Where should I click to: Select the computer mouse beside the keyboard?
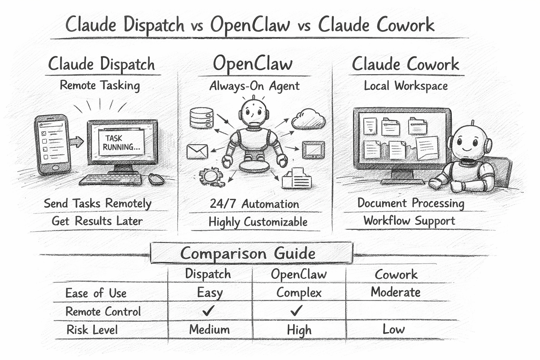[156, 179]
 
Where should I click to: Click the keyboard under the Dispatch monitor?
[110, 180]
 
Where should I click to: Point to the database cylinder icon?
[201, 118]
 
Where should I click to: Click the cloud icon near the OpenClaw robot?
[308, 119]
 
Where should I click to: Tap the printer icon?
[296, 179]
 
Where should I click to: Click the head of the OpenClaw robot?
[254, 111]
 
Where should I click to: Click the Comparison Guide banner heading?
[248, 253]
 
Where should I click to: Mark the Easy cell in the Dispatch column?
[210, 293]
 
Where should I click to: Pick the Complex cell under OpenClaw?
[299, 293]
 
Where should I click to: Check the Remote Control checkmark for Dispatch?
[208, 310]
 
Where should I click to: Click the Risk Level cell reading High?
[299, 330]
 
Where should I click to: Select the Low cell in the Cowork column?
[394, 329]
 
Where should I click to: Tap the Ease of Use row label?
[96, 293]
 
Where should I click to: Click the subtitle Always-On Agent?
[254, 86]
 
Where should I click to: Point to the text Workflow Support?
[409, 221]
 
